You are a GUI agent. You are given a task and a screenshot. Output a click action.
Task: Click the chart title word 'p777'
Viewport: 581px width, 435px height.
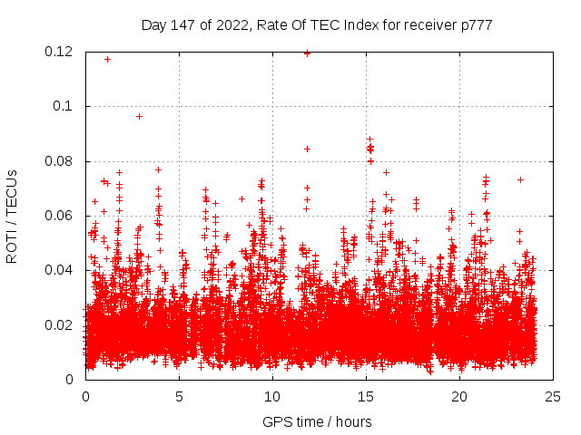pyautogui.click(x=476, y=25)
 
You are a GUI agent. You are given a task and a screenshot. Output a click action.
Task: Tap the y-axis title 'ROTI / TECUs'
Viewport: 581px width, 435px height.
pyautogui.click(x=12, y=216)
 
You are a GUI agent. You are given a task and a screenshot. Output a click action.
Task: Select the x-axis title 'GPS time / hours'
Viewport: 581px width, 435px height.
pyautogui.click(x=317, y=421)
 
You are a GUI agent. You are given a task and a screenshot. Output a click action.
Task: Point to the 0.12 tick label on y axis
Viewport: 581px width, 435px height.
pyautogui.click(x=59, y=52)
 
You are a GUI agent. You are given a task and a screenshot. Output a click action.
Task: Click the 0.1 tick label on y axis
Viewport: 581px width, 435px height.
pyautogui.click(x=65, y=106)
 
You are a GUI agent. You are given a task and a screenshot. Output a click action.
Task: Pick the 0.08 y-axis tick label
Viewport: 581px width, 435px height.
pyautogui.click(x=59, y=161)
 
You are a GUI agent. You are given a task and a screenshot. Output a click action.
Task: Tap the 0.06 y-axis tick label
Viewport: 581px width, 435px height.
pyautogui.click(x=59, y=216)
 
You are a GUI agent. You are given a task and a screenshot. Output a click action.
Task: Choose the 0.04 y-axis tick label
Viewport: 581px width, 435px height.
pyautogui.click(x=59, y=270)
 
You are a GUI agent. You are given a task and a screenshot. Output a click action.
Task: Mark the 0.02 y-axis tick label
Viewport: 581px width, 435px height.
pyautogui.click(x=59, y=325)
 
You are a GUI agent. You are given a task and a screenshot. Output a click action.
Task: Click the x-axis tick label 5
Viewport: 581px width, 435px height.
pyautogui.click(x=180, y=396)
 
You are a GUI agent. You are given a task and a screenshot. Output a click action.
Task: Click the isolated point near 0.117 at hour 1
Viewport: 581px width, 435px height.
pyautogui.click(x=107, y=59)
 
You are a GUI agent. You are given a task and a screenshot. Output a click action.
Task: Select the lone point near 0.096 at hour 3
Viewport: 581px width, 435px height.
pyautogui.click(x=139, y=116)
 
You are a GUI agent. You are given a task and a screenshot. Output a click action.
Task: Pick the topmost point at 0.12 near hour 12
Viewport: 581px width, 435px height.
pyautogui.click(x=307, y=53)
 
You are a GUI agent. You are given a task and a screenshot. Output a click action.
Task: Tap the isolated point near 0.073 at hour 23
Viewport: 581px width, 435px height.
pyautogui.click(x=520, y=179)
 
